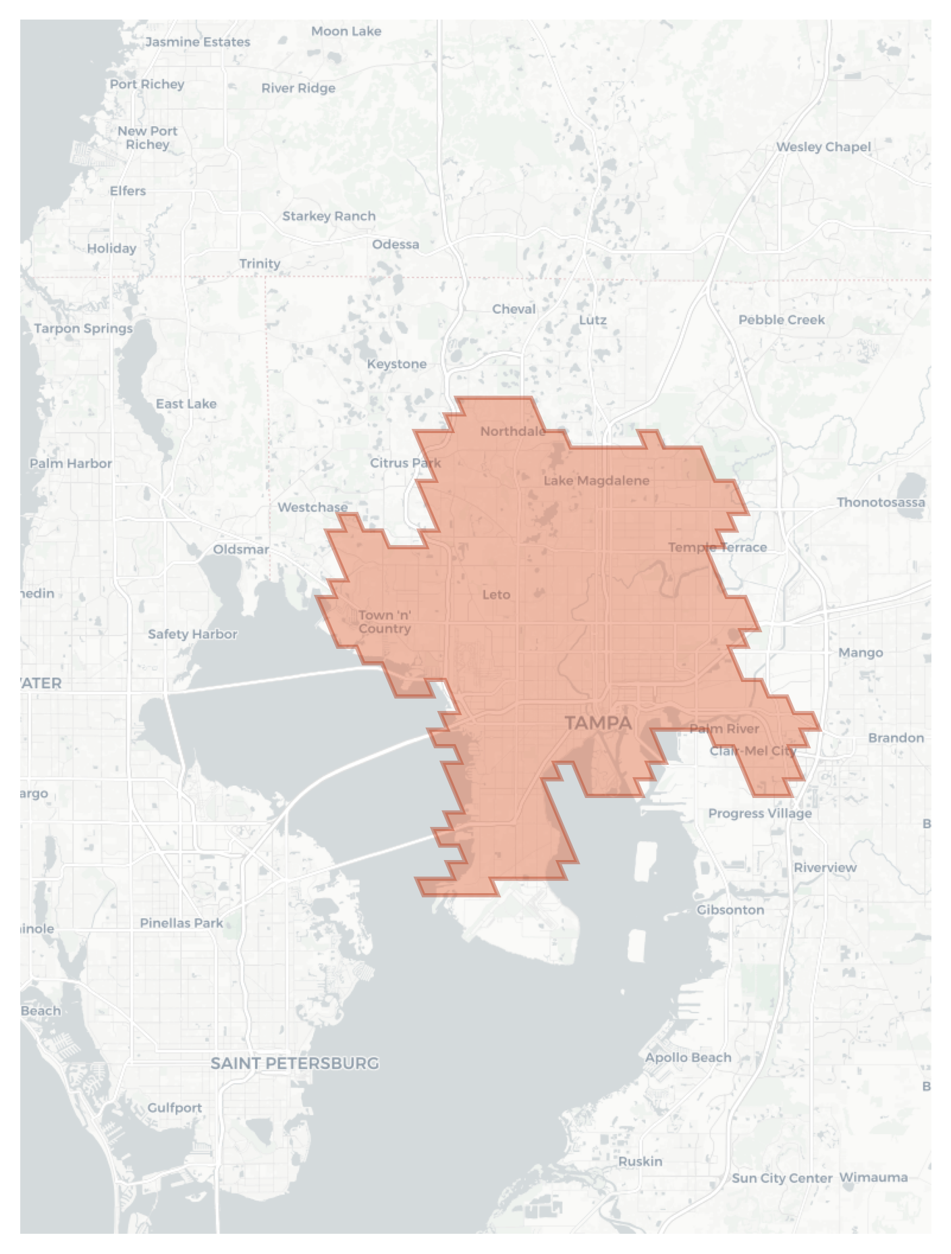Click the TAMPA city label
point(598,723)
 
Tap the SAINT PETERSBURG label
point(294,1063)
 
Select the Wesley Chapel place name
point(823,146)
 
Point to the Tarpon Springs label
point(83,329)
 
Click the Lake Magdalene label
point(596,480)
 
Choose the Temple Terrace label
point(717,547)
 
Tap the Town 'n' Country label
point(384,621)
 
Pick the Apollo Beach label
point(688,1057)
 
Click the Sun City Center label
point(782,1178)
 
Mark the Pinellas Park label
point(181,923)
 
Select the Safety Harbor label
point(192,634)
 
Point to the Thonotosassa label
point(880,502)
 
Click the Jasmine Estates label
point(197,42)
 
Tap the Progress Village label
point(759,813)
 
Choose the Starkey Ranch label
point(329,216)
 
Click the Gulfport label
point(174,1108)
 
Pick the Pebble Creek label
point(781,320)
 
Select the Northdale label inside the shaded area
point(512,431)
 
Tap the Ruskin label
point(640,1161)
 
